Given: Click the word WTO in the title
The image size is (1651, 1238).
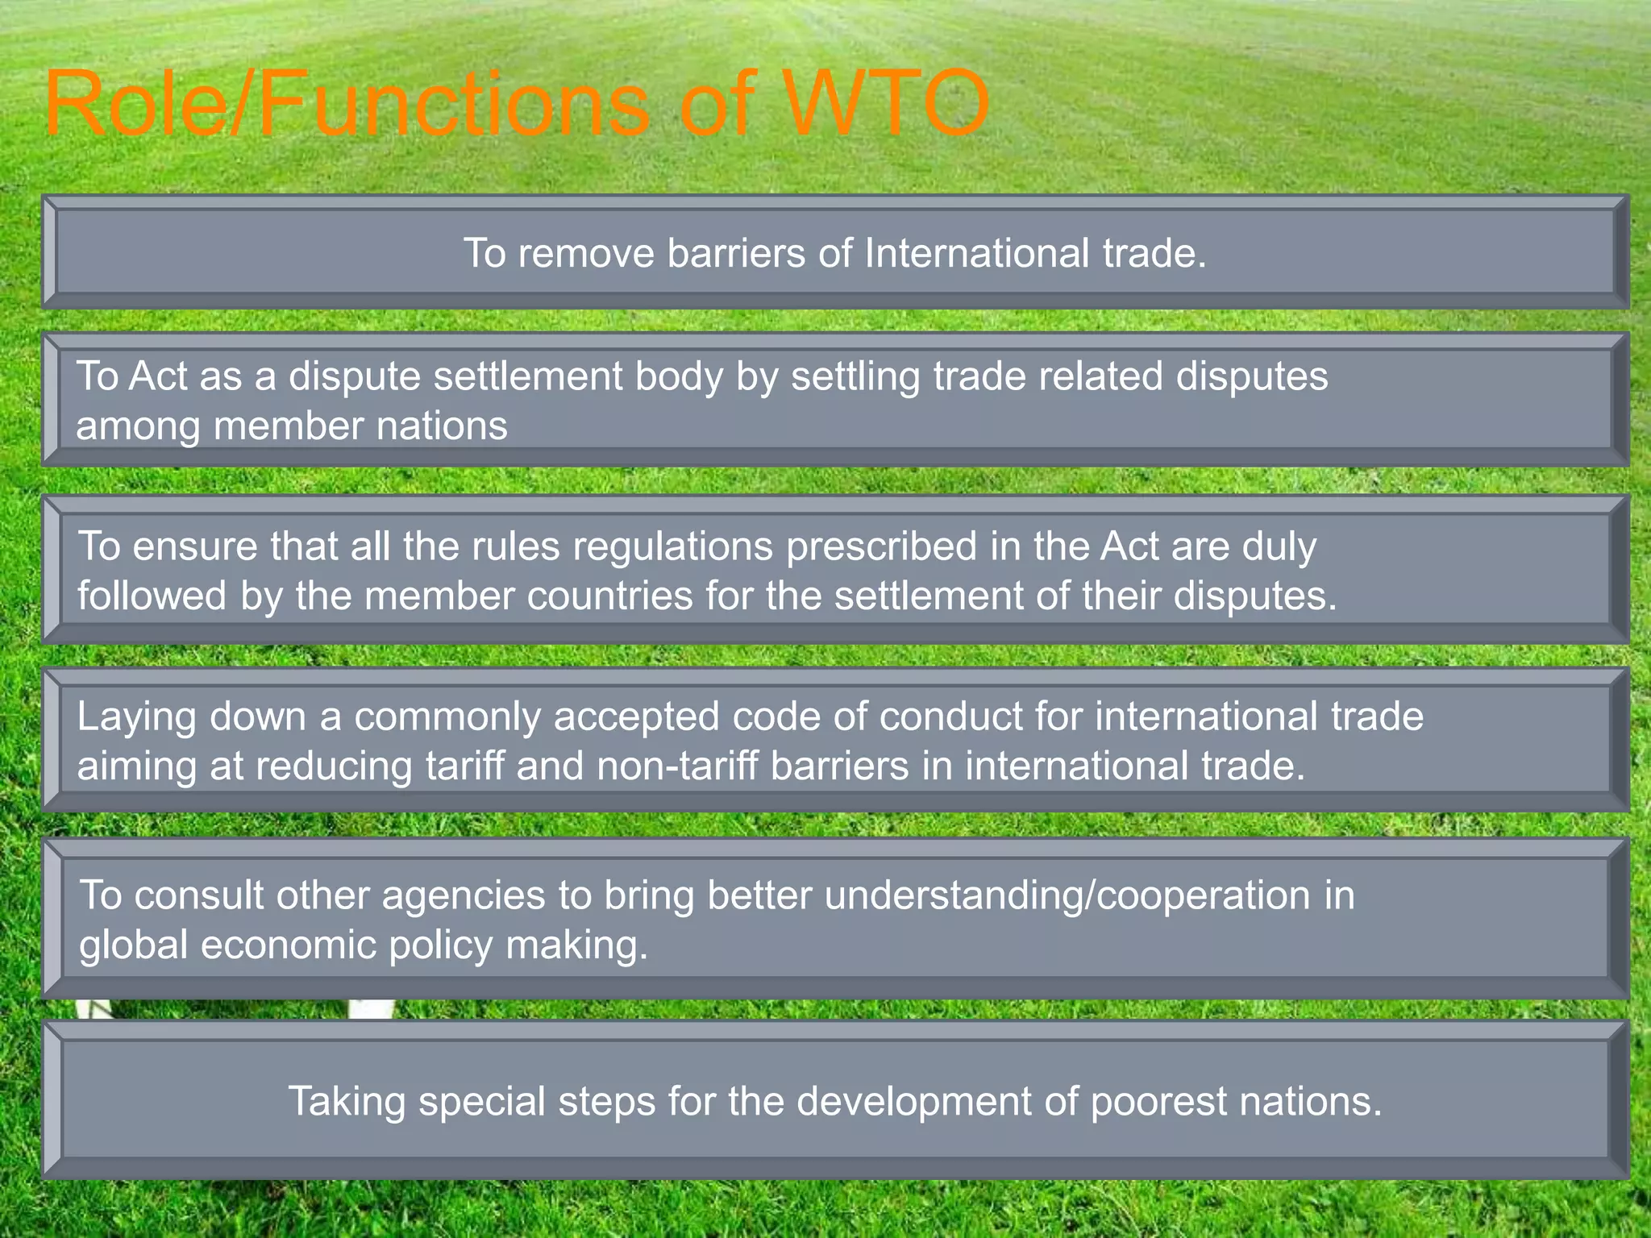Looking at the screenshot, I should [x=887, y=105].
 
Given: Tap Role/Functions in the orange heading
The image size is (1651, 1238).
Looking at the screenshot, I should [x=347, y=105].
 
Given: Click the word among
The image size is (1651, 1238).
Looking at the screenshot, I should [x=138, y=426].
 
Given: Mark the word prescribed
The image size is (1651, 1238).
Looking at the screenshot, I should [x=882, y=546].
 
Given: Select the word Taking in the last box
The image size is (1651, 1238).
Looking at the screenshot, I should [x=347, y=1102].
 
